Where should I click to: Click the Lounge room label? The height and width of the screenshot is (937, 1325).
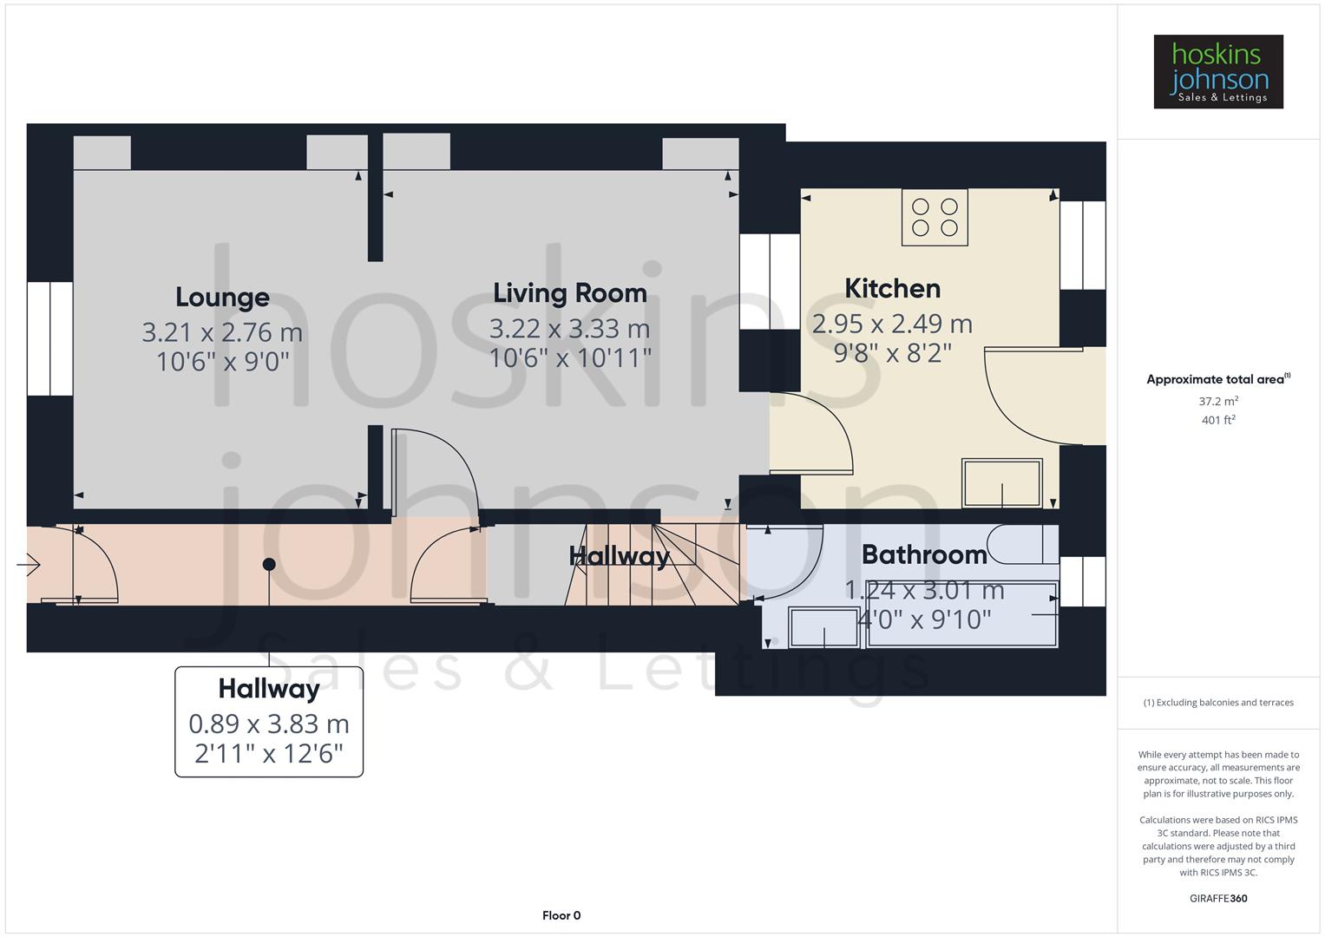click(x=222, y=298)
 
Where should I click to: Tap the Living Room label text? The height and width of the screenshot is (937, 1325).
click(x=570, y=293)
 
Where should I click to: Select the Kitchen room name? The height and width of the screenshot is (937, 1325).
click(x=892, y=288)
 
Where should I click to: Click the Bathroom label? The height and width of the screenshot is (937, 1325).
click(x=924, y=554)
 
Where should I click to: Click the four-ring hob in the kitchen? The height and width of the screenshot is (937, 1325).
click(x=935, y=217)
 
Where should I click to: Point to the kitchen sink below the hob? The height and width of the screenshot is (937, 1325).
click(x=1001, y=483)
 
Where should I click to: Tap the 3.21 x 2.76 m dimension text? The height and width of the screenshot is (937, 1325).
click(x=222, y=332)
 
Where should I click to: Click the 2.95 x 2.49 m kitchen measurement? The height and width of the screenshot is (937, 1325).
click(x=892, y=324)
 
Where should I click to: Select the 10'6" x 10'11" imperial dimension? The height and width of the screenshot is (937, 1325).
click(x=570, y=357)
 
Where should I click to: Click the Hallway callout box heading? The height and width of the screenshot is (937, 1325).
click(x=269, y=689)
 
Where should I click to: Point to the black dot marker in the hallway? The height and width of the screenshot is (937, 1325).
click(x=269, y=564)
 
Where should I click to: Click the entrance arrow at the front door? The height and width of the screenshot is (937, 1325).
click(x=28, y=566)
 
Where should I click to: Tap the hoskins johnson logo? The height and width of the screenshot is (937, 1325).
click(x=1217, y=72)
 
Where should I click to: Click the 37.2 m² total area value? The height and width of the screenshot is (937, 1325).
click(x=1217, y=402)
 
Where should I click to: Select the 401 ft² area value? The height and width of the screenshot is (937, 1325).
click(x=1217, y=421)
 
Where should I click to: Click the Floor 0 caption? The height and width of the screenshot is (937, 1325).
click(x=561, y=915)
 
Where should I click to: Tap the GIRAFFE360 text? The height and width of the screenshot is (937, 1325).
click(x=1217, y=899)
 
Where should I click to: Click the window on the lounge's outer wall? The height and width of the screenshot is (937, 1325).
click(x=49, y=338)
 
